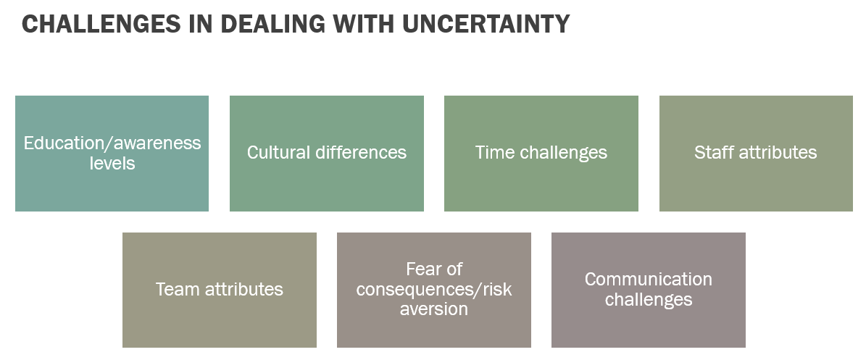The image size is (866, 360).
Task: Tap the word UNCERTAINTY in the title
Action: pos(486,25)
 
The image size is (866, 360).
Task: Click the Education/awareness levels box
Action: pos(112,154)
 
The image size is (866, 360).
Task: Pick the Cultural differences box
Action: pos(326,154)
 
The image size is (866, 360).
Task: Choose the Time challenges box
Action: pos(541,154)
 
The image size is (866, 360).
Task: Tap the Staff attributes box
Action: pos(756,154)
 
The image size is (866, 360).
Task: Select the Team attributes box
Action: pos(220,290)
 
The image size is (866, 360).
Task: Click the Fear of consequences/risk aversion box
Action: pos(434,290)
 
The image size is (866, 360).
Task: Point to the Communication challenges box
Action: pos(649,290)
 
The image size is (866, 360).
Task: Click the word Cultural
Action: pos(279,152)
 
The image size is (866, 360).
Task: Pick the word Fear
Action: pos(421,269)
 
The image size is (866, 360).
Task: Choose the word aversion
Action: pos(434,309)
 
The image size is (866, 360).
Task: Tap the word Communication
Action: pos(649,280)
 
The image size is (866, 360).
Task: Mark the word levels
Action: pos(112,164)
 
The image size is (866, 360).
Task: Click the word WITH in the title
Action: pos(364,25)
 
